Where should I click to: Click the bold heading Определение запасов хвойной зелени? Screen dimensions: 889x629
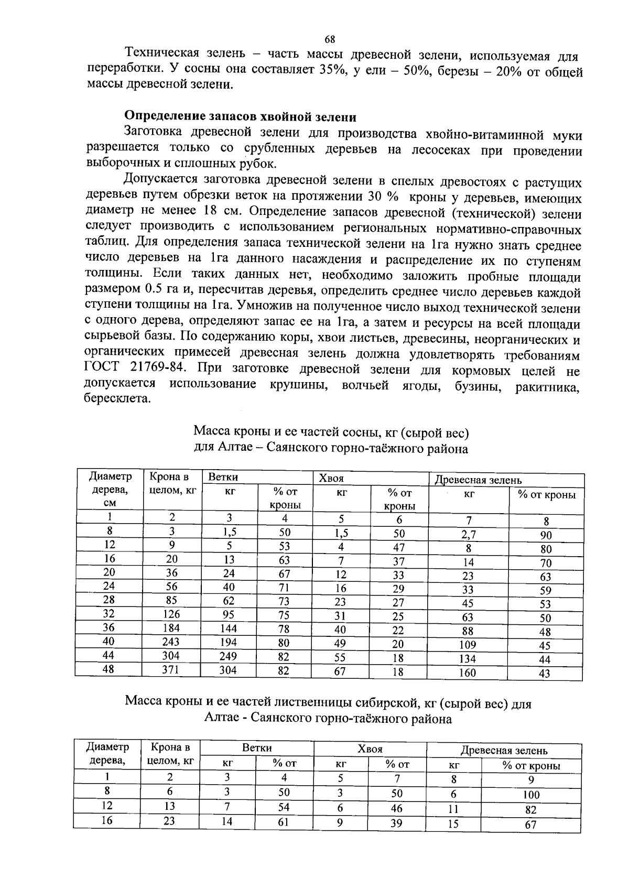pyautogui.click(x=240, y=116)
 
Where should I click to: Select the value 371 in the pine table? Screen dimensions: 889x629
pyautogui.click(x=170, y=669)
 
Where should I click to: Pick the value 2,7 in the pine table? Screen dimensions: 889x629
pyautogui.click(x=468, y=535)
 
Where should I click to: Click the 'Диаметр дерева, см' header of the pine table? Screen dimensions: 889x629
pyautogui.click(x=110, y=489)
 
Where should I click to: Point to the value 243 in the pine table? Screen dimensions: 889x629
pyautogui.click(x=170, y=642)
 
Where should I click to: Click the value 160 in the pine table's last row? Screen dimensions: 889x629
pyautogui.click(x=467, y=673)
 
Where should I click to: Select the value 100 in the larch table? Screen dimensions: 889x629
pyautogui.click(x=531, y=795)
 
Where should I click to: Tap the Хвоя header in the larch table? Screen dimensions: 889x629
pyautogui.click(x=370, y=749)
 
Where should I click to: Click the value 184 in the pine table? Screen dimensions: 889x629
pyautogui.click(x=170, y=628)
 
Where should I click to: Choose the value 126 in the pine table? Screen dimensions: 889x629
pyautogui.click(x=170, y=614)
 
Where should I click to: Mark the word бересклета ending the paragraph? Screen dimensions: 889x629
pyautogui.click(x=117, y=399)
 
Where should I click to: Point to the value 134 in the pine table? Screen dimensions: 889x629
pyautogui.click(x=467, y=659)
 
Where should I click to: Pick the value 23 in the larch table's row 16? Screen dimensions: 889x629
pyautogui.click(x=169, y=821)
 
